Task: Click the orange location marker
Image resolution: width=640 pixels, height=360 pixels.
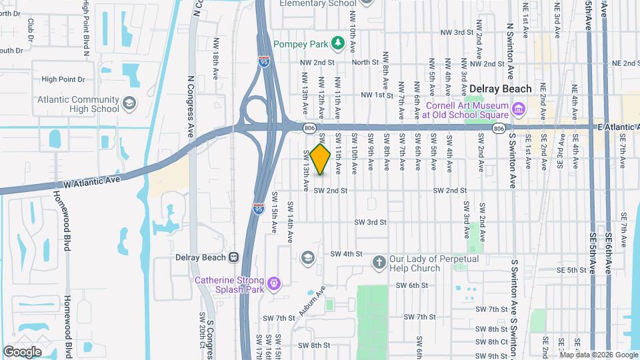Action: tap(321, 159)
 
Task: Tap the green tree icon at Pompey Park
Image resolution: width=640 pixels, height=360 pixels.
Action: tap(337, 43)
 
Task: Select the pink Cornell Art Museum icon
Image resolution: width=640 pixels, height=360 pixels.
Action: tap(518, 107)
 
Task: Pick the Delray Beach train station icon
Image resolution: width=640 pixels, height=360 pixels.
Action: tap(234, 257)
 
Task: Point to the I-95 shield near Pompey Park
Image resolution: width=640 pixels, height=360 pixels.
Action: tap(265, 62)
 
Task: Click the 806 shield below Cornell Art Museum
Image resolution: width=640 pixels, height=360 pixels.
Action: tap(498, 127)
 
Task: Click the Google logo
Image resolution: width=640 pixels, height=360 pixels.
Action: tap(22, 351)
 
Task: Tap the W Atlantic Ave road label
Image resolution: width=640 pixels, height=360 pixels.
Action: tap(91, 179)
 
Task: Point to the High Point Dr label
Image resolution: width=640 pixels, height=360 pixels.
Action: tap(63, 79)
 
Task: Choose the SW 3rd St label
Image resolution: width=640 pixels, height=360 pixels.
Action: tap(371, 222)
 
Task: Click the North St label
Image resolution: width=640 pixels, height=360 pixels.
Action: tap(365, 62)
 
